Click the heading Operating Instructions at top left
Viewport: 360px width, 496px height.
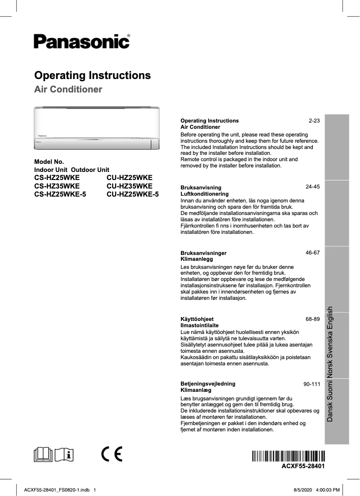(x=92, y=75)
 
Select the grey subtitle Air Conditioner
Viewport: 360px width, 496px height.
(x=68, y=89)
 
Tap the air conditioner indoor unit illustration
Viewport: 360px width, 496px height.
(x=97, y=128)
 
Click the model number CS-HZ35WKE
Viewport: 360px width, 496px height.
(x=57, y=186)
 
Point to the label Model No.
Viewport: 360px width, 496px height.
(x=49, y=162)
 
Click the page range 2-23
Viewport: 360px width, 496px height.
(x=314, y=121)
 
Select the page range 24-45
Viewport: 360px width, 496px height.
(x=312, y=186)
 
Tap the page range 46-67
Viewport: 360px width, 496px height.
(x=312, y=253)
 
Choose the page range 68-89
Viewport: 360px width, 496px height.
(x=312, y=319)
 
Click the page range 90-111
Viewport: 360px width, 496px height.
(x=312, y=385)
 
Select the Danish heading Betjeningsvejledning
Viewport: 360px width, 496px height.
(x=207, y=384)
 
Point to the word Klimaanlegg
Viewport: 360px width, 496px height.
(x=196, y=259)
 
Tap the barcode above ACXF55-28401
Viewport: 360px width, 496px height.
(x=288, y=456)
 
